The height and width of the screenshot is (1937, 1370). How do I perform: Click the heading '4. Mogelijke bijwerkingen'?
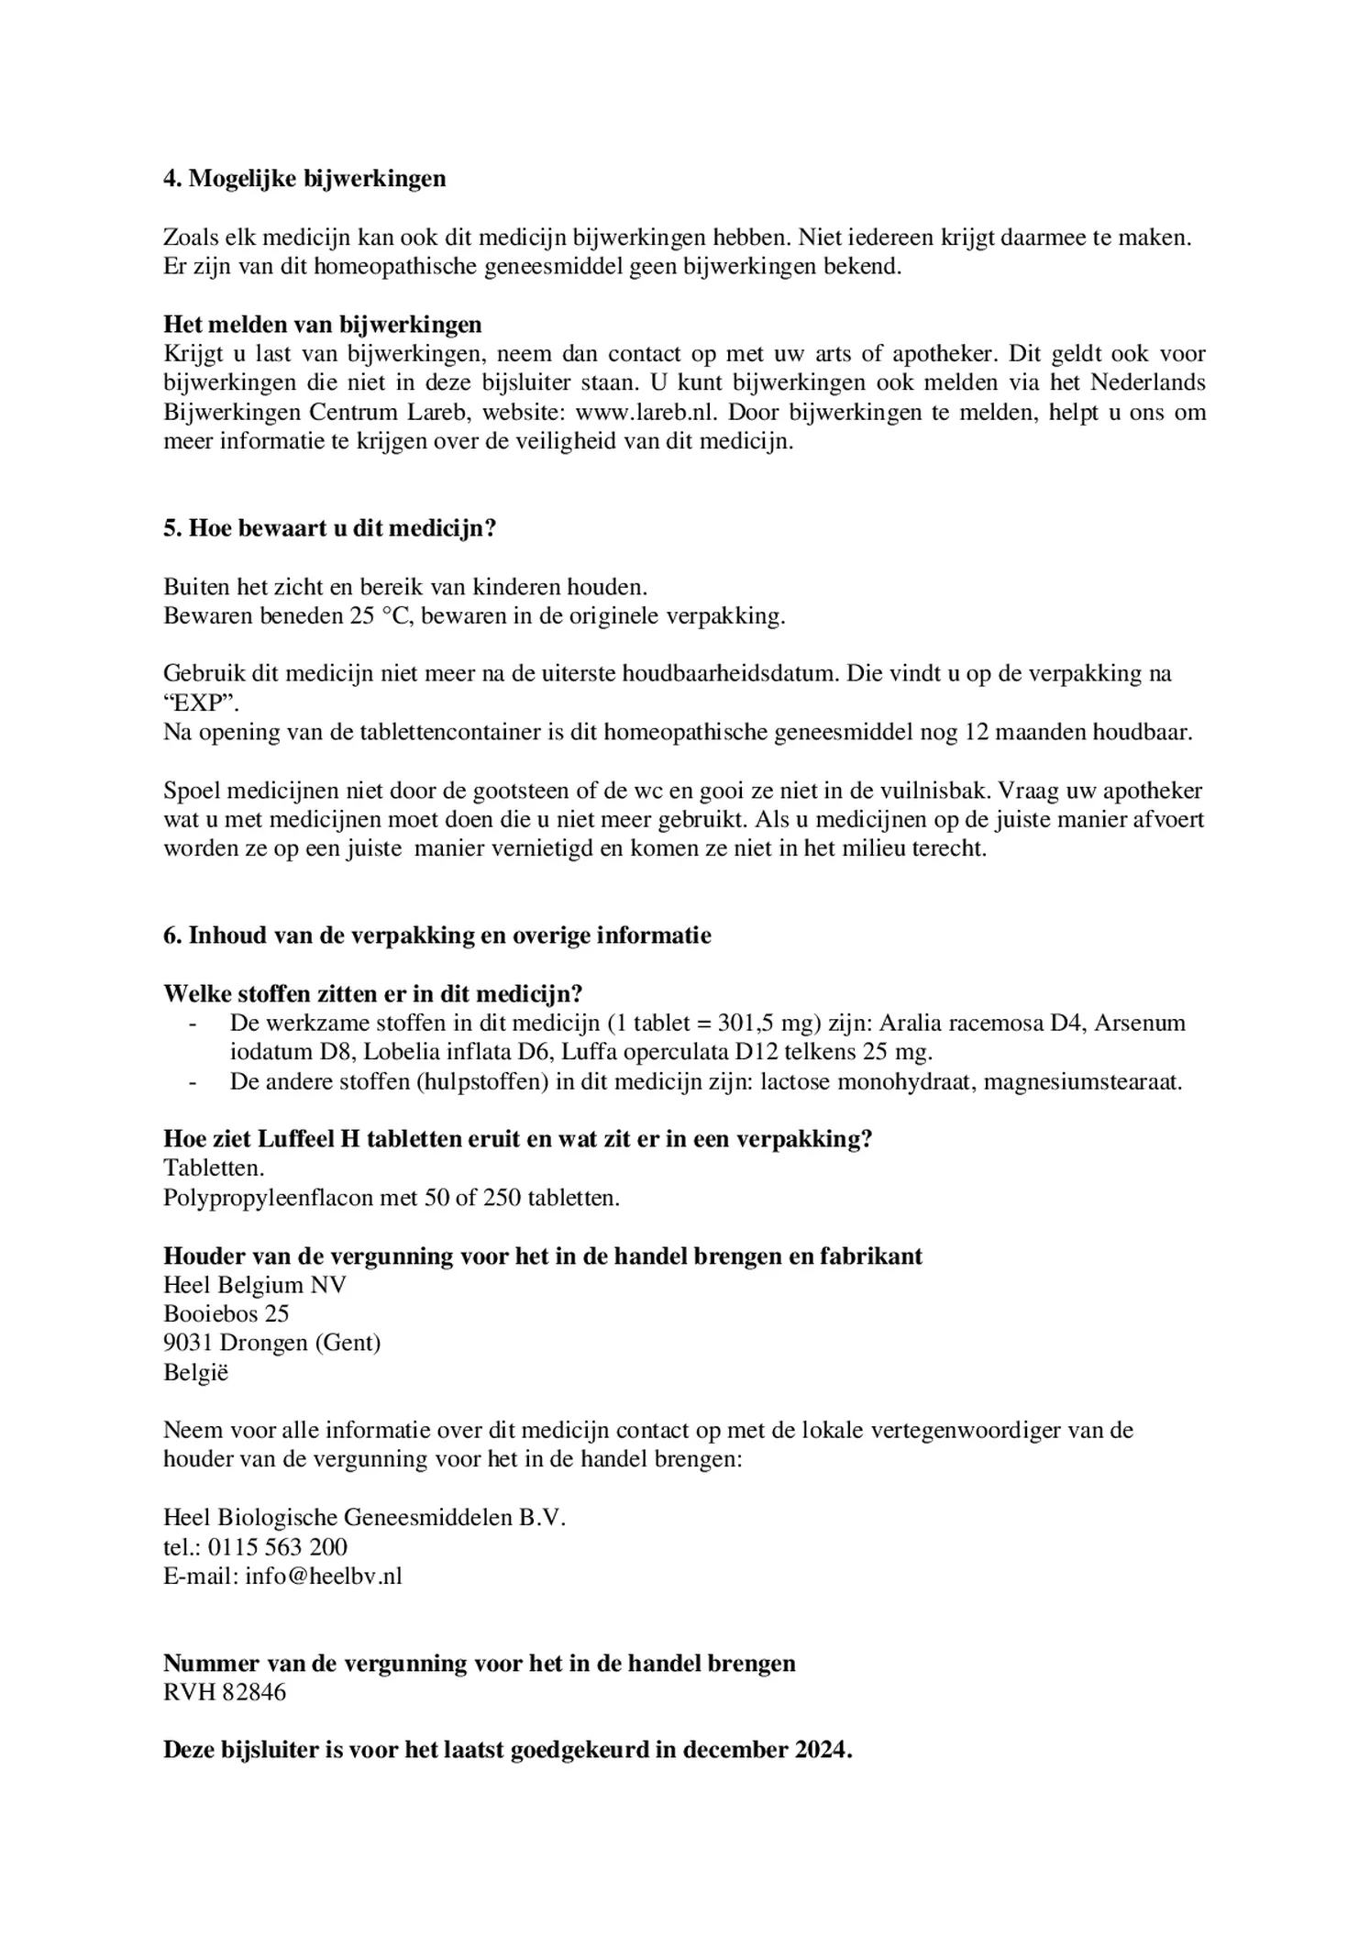[x=304, y=179]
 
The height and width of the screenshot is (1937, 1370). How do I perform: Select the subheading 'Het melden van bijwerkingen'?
[x=322, y=325]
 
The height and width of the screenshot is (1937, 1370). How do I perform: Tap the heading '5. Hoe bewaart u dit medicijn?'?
[x=329, y=529]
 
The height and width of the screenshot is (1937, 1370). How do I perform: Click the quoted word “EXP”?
[x=201, y=703]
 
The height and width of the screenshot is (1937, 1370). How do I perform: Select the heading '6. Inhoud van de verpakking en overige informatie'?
[x=436, y=935]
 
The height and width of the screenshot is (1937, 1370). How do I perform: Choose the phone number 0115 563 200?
[x=278, y=1548]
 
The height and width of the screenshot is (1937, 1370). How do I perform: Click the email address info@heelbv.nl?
[x=324, y=1577]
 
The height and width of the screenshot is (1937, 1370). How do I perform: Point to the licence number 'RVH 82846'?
[x=225, y=1693]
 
